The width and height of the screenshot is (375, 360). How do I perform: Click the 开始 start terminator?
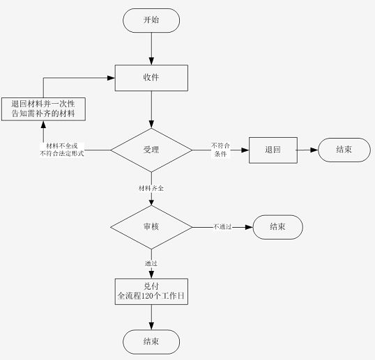click(151, 21)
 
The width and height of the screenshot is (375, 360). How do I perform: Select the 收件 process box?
click(151, 78)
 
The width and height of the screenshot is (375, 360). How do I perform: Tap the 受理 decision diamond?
click(151, 150)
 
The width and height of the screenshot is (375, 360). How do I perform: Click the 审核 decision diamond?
click(151, 227)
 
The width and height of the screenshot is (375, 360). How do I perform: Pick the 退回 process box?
click(273, 150)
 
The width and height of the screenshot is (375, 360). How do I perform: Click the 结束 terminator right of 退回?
click(344, 150)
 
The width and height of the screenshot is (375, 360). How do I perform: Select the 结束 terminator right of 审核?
click(278, 227)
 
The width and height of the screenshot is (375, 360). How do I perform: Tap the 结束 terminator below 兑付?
click(151, 342)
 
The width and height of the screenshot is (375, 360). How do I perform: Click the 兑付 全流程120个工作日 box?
click(151, 292)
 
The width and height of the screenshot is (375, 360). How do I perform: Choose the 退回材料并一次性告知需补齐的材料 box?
click(43, 109)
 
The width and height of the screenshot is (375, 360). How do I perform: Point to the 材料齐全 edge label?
click(151, 188)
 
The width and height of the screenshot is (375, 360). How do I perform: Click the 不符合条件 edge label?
click(220, 150)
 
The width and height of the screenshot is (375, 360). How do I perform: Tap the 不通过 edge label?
click(222, 226)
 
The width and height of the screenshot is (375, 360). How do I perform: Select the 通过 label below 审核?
click(151, 263)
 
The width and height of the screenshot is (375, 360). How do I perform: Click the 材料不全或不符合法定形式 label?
click(62, 150)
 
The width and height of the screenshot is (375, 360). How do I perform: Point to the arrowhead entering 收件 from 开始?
click(151, 61)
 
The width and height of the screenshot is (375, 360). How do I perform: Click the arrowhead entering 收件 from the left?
click(112, 78)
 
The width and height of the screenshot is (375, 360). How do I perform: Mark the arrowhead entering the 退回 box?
click(245, 150)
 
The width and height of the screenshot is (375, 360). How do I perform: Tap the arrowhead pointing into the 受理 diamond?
click(151, 125)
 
